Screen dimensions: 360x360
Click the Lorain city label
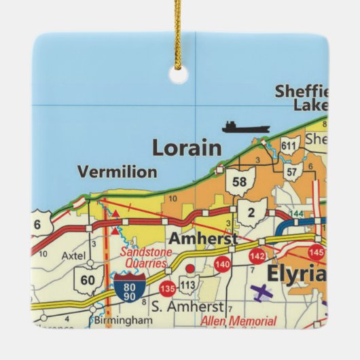(x=186, y=147)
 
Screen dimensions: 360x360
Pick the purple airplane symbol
(x=261, y=294)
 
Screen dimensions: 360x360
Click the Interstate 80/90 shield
(x=128, y=287)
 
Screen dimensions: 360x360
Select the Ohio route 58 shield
(x=238, y=181)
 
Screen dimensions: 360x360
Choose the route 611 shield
(x=289, y=147)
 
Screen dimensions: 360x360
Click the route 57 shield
(x=291, y=171)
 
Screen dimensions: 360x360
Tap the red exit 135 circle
(x=167, y=288)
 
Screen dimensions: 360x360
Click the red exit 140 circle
(x=221, y=264)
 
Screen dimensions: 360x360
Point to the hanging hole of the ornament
(x=179, y=75)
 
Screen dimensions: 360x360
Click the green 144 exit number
(x=297, y=213)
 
